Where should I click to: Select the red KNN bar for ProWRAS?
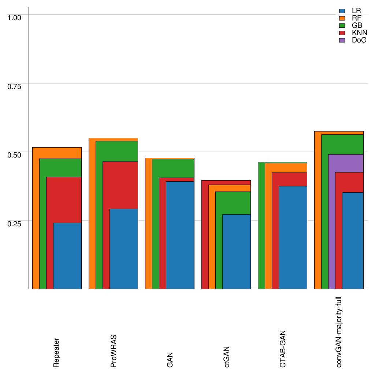[x=120, y=185]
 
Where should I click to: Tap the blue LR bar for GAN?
[x=180, y=235]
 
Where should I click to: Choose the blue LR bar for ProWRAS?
[x=124, y=249]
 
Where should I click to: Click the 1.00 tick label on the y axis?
[x=15, y=17]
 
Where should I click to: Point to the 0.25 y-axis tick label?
[x=15, y=223]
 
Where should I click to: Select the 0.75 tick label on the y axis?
[x=15, y=86]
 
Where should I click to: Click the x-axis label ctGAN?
[x=227, y=357]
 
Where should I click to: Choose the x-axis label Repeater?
[x=56, y=353]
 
